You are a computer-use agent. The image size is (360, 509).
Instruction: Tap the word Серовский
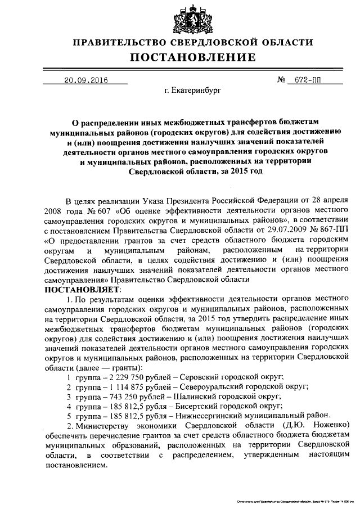197,376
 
